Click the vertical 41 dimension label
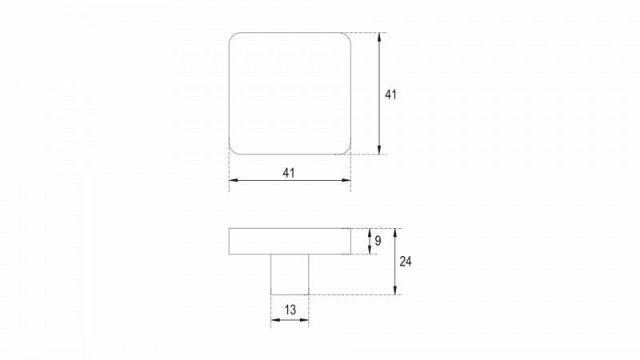(390, 94)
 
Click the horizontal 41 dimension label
(289, 173)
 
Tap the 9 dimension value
(378, 241)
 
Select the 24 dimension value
(406, 262)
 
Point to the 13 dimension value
(290, 310)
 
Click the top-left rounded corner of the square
(232, 35)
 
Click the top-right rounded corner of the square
(348, 35)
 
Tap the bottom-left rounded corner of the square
(232, 151)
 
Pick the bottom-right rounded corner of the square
(348, 151)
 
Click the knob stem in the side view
(290, 274)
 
